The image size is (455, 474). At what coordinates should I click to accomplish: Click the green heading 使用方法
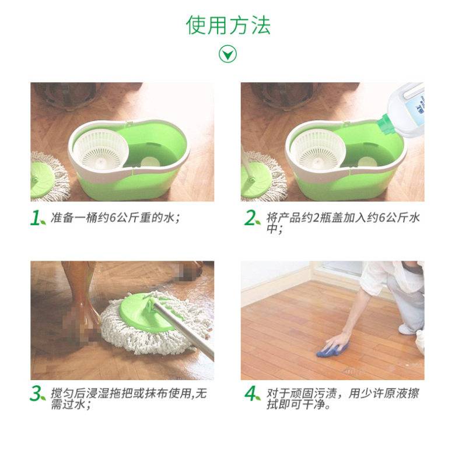[x=228, y=25]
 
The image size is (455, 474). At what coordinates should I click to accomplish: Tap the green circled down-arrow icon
[x=228, y=54]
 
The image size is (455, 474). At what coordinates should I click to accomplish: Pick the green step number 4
[x=251, y=394]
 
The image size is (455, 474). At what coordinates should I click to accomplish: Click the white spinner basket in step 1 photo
[x=101, y=149]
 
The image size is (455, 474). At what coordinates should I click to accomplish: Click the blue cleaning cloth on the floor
[x=332, y=350]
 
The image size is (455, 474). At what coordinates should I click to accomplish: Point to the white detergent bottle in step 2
[x=405, y=109]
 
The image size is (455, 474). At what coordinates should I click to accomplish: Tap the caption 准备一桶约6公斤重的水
[x=115, y=217]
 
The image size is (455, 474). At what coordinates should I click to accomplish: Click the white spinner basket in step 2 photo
[x=318, y=149]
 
